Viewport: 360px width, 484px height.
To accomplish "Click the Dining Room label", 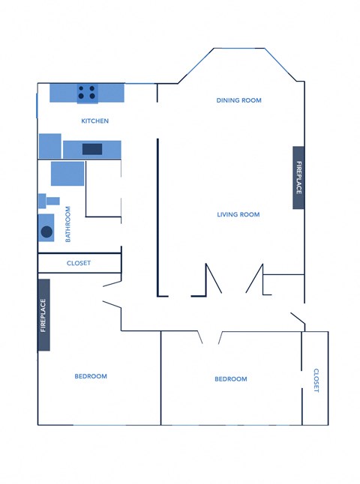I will click(238, 100).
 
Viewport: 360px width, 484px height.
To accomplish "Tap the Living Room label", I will click(238, 214).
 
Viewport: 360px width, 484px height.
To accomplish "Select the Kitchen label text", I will click(95, 121).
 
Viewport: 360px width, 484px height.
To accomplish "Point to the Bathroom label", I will click(67, 223).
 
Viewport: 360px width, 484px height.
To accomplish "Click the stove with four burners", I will click(87, 93).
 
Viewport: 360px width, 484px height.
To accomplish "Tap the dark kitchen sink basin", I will click(92, 148).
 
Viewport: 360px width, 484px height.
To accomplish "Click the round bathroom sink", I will click(46, 232).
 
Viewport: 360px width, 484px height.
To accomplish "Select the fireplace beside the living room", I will click(298, 178).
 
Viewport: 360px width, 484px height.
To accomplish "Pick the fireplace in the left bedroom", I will click(43, 315).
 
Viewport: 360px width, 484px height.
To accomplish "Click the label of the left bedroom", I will click(91, 376).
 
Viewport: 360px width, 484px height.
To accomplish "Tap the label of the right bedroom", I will click(230, 379).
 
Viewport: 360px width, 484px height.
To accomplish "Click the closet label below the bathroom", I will click(79, 263).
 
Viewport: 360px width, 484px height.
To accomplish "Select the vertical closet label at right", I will click(316, 380).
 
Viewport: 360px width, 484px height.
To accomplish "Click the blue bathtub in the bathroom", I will click(67, 173).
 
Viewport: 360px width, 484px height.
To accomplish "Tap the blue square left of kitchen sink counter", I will click(49, 145).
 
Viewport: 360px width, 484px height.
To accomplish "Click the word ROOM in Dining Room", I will click(250, 100).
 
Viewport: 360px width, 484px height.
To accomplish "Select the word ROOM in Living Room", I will click(249, 214).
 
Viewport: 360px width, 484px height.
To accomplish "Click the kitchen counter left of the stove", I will click(63, 93).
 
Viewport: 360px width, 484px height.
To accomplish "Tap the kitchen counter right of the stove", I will click(112, 93).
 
